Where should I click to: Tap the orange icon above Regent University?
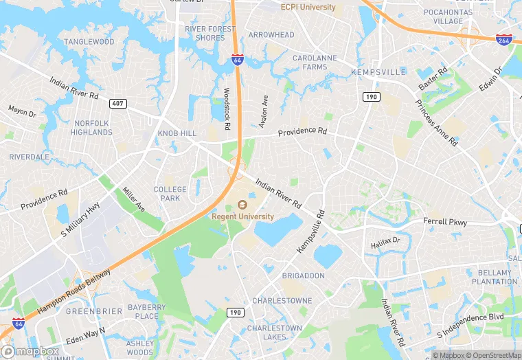[241, 205]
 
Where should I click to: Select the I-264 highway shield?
[505, 41]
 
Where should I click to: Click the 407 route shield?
[117, 104]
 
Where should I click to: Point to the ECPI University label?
[308, 7]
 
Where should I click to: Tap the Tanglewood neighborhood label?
[89, 42]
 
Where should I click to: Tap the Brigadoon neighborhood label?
[302, 275]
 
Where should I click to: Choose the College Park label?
[170, 194]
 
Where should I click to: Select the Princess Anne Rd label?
[435, 123]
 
